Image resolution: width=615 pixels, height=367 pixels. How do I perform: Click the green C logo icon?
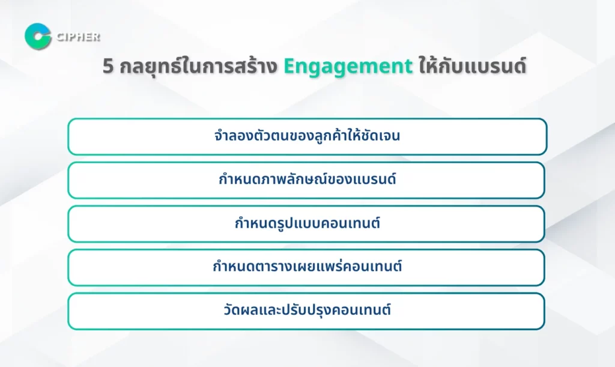click(x=38, y=37)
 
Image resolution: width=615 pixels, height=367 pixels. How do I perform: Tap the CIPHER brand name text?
click(x=79, y=37)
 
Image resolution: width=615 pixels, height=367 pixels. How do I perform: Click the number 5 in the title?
click(x=108, y=66)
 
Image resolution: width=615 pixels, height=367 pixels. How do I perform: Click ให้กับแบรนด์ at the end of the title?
click(x=472, y=65)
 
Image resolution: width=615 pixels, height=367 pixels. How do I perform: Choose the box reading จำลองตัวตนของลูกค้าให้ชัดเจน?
click(x=307, y=136)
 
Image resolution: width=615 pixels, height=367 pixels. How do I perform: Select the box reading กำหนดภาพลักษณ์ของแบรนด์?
click(x=306, y=180)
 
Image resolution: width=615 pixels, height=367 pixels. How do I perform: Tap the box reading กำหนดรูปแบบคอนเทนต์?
click(x=306, y=224)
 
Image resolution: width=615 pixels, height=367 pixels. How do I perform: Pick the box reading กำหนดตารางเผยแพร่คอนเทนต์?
click(x=306, y=267)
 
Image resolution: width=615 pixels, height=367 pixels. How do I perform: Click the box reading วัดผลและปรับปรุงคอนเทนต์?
click(x=306, y=311)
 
